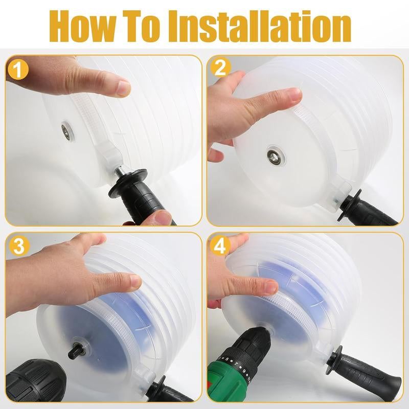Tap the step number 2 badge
(220, 69)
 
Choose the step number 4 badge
(220, 246)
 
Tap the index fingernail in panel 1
(123, 88)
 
